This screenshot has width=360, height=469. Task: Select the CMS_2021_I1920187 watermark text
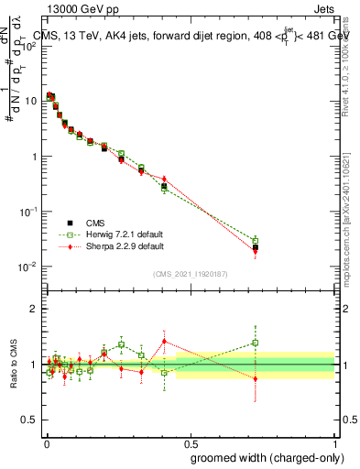(x=189, y=274)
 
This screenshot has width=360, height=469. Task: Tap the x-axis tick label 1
(x=334, y=444)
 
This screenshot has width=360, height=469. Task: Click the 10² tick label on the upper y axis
(x=28, y=46)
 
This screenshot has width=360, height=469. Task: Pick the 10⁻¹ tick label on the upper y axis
(x=28, y=212)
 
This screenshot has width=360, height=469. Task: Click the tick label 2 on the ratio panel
(x=34, y=309)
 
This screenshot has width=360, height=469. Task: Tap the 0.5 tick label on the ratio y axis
(x=29, y=420)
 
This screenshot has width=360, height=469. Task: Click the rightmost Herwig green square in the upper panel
(x=255, y=240)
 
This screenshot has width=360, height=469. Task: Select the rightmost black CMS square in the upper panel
(x=255, y=247)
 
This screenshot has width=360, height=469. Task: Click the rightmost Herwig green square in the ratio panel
(x=255, y=344)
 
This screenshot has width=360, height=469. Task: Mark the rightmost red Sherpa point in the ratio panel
(x=255, y=378)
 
